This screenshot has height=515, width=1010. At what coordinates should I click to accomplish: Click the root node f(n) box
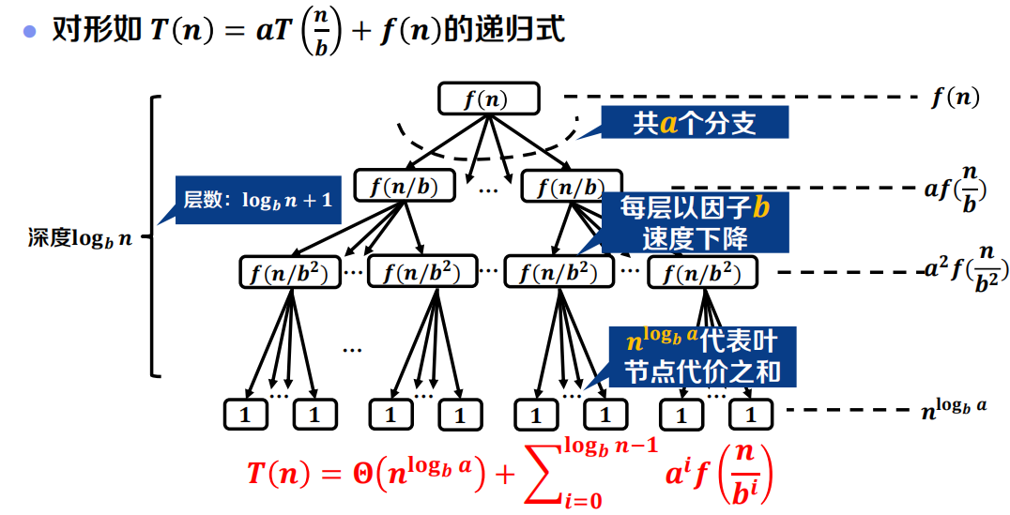point(488,99)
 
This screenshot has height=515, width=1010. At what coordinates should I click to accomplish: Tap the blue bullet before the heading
point(29,31)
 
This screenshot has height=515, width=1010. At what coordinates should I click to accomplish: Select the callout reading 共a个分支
point(694,123)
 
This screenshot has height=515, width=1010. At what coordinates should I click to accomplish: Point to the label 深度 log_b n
point(80,236)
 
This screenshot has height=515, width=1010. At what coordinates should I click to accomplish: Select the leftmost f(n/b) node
point(405,185)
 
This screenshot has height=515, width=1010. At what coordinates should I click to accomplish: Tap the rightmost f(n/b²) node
point(702,273)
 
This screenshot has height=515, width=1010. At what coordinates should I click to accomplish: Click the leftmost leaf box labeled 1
point(245,414)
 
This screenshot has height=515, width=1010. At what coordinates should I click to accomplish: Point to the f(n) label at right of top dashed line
point(955,97)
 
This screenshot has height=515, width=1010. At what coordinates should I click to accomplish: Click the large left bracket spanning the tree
point(154,236)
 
